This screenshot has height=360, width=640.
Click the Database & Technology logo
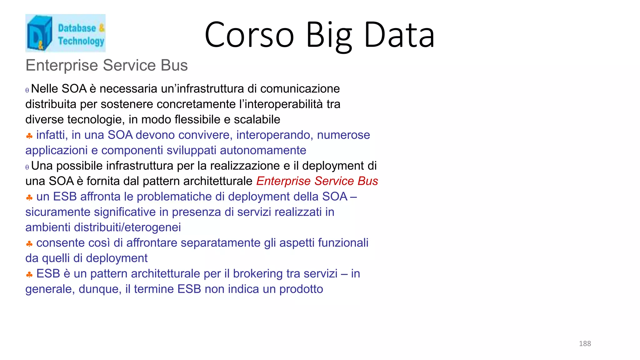coord(65,33)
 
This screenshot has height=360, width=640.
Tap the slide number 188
coord(585,343)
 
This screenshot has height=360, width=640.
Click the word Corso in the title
coord(249,35)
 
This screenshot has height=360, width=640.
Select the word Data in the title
coord(399,35)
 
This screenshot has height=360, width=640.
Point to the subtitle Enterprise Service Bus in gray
coord(107,65)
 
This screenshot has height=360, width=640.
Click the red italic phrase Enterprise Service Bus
coord(317,181)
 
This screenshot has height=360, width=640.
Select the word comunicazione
coord(300,89)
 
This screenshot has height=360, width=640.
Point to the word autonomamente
coord(263,150)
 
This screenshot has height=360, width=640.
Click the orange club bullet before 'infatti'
coord(29,136)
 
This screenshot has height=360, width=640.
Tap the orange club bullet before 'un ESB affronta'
coord(29,197)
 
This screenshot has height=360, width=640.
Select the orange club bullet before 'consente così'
coord(29,244)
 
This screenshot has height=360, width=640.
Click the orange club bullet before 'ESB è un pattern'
coord(29,275)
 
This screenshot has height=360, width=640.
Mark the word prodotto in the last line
coord(301,289)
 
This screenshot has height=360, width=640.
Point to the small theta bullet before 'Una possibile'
coord(27,167)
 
